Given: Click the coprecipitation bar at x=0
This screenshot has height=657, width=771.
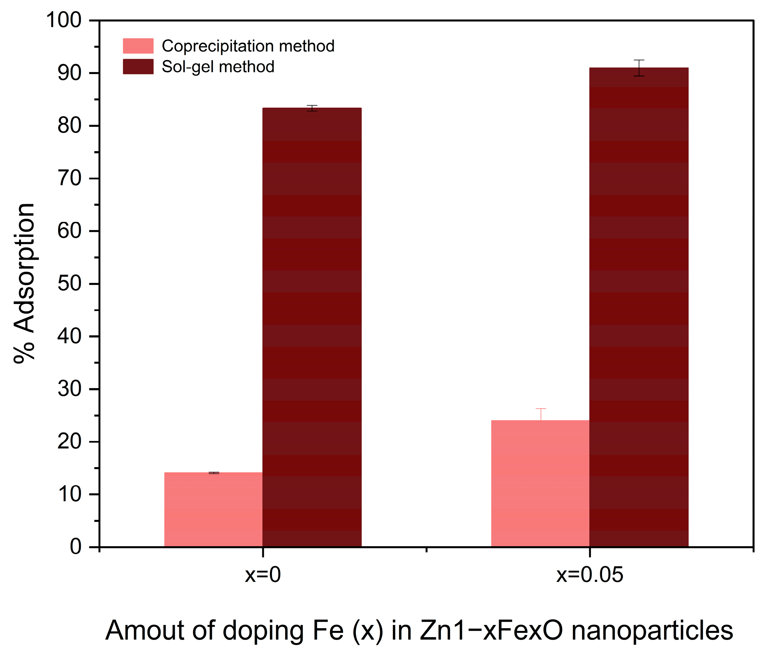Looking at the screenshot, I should pos(214,509).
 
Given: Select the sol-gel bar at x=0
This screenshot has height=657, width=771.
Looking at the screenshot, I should pos(312,328).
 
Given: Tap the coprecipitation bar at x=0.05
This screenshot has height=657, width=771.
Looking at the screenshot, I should pos(540,483).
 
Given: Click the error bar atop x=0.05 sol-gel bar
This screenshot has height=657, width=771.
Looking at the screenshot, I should pos(639,68).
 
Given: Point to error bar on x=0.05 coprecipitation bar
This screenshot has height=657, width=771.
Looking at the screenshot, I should pos(541,414).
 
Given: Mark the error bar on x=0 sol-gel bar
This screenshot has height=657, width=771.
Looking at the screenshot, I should pos(312,108).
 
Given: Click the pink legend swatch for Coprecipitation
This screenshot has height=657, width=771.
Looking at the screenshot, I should pos(138,46).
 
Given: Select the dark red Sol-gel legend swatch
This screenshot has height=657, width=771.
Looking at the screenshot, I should pos(138,67).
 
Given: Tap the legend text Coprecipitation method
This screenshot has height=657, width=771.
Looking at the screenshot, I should pos(248,46).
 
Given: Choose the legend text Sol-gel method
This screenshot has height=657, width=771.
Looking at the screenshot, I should pos(218,67).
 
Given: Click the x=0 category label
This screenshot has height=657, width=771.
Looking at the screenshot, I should pos(263,575).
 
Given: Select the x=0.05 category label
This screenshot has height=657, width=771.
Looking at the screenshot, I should pos(589,575).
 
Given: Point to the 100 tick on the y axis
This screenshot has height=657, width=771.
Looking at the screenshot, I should pos(63,20).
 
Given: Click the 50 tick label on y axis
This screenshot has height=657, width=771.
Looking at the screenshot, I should pos(69,284).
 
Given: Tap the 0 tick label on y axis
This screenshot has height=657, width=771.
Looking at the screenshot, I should pos(76,547).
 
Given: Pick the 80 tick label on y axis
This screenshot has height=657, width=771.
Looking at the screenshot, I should pos(69,126).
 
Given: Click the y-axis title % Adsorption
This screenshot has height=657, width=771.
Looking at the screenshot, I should pos(24,283).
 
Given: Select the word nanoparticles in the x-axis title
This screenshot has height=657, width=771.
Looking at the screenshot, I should pos(652,630).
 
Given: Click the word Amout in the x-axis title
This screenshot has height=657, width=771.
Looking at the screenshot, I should pos(145,630).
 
